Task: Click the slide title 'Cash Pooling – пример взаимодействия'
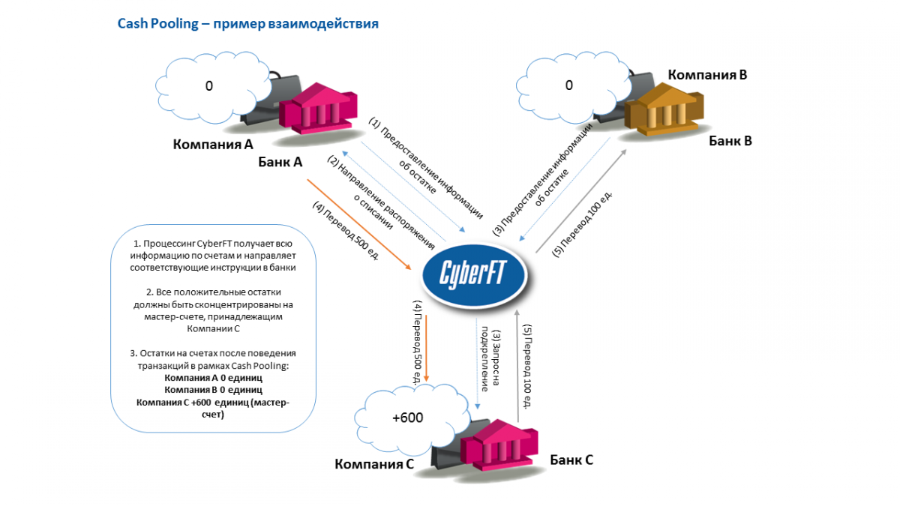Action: pos(247,24)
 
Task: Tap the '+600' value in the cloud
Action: pos(407,418)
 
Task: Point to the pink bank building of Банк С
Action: pos(500,448)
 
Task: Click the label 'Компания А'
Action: pos(213,143)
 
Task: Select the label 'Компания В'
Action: pos(707,75)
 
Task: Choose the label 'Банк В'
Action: pos(730,140)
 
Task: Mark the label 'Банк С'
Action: pos(571,460)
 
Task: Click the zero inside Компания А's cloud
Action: pos(209,86)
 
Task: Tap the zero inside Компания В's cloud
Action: pos(568,85)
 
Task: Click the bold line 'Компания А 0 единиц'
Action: pos(213,379)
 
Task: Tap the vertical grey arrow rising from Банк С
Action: pos(517,360)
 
